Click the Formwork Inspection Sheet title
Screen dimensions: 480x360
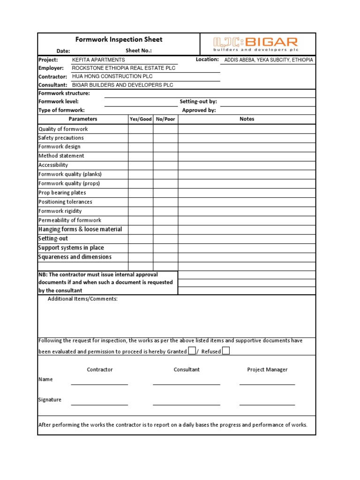119,40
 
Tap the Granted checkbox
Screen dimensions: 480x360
192,351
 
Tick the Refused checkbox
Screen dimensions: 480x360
226,351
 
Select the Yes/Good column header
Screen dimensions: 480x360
141,119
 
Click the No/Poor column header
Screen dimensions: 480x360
165,119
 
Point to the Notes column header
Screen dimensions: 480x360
247,119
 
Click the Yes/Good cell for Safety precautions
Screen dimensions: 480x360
141,138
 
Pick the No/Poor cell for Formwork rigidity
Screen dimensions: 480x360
165,211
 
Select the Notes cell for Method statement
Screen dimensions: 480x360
247,156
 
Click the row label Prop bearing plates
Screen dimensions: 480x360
62,193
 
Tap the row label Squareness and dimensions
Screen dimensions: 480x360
75,257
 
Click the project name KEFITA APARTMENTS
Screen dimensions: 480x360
98,60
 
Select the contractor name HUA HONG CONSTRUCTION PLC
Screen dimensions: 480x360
112,76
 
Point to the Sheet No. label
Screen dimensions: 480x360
139,51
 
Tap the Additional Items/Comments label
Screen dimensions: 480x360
82,299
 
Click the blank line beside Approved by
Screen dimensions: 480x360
267,111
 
